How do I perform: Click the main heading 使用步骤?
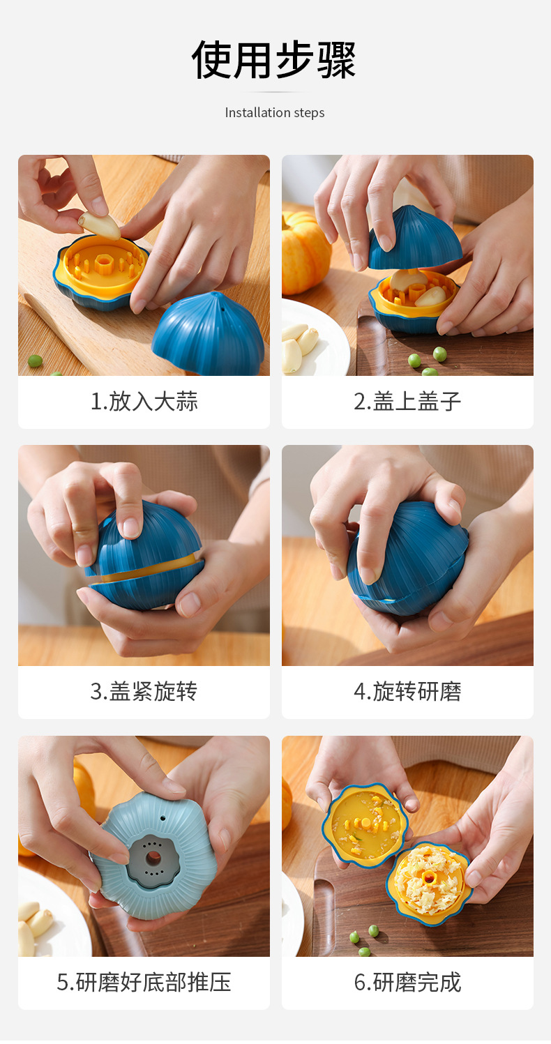[274, 59]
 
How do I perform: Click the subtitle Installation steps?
[274, 112]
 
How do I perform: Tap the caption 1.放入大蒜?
[144, 402]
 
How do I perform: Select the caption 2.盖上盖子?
[407, 402]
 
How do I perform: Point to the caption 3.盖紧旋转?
[144, 692]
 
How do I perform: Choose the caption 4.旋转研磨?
[407, 692]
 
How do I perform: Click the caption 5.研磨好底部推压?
[144, 982]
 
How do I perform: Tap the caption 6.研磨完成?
[407, 982]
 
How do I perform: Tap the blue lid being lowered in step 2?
[416, 239]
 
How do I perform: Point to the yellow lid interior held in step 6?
[365, 824]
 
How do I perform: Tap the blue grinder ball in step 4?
[408, 558]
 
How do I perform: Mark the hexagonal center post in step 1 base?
[105, 264]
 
